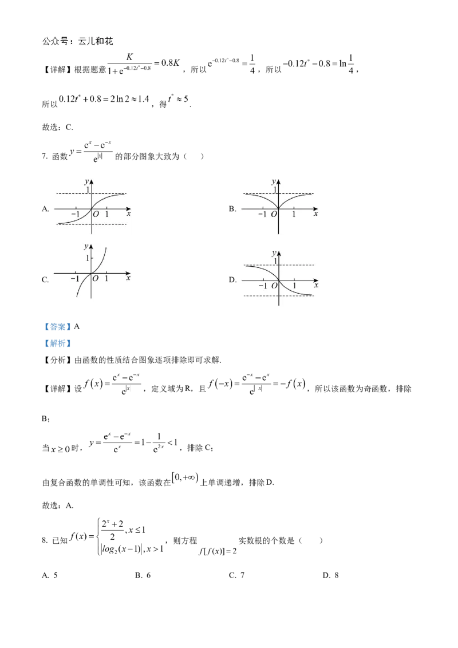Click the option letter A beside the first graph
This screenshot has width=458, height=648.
pyautogui.click(x=45, y=209)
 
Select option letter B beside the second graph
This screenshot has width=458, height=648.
pyautogui.click(x=232, y=209)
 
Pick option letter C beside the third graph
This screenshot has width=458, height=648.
pyautogui.click(x=45, y=280)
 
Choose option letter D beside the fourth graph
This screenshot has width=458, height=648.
pyautogui.click(x=232, y=280)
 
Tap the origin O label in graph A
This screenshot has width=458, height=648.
pyautogui.click(x=96, y=214)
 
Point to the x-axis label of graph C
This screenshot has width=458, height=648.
pyautogui.click(x=128, y=278)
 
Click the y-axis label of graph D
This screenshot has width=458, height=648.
pyautogui.click(x=274, y=254)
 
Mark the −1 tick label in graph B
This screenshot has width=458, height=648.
pyautogui.click(x=262, y=214)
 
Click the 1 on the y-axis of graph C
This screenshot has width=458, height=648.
pyautogui.click(x=87, y=258)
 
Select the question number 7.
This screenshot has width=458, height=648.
pyautogui.click(x=45, y=156)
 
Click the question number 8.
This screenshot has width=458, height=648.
pyautogui.click(x=45, y=540)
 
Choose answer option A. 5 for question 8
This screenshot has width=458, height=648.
pyautogui.click(x=50, y=575)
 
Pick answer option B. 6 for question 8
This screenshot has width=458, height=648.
pyautogui.click(x=143, y=575)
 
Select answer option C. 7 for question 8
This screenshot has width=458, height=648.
pyautogui.click(x=237, y=575)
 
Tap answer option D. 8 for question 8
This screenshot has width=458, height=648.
pyautogui.click(x=331, y=575)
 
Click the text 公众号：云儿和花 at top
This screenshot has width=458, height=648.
pyautogui.click(x=78, y=41)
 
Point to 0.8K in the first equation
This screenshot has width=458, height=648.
pyautogui.click(x=171, y=63)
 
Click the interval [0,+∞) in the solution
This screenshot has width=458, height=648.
pyautogui.click(x=185, y=478)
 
